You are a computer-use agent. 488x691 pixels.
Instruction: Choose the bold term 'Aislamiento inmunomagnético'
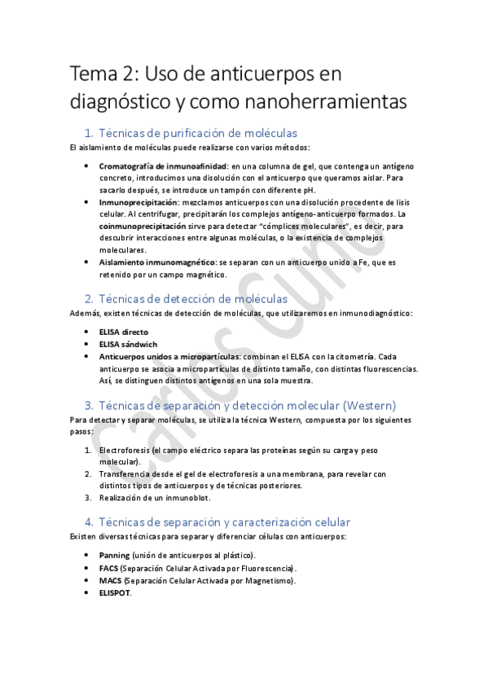[x=157, y=262]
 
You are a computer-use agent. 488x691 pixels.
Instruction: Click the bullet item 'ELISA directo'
[x=123, y=332]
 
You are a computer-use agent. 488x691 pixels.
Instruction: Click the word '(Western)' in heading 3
[x=370, y=405]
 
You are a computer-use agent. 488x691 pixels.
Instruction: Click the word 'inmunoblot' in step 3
[x=188, y=497]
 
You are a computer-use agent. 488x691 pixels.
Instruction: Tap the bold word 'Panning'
[x=113, y=556]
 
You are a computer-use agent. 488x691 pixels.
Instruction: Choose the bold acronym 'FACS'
[x=108, y=568]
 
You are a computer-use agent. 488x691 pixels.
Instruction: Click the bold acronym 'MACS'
[x=109, y=580]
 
